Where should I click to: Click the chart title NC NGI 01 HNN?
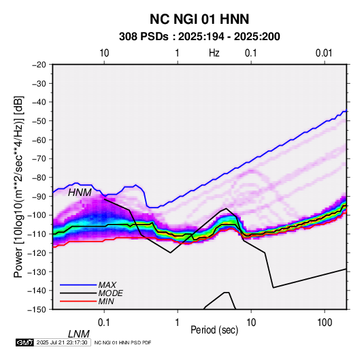click(x=199, y=19)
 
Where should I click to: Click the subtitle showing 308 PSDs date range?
click(x=199, y=37)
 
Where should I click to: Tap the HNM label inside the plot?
click(x=80, y=193)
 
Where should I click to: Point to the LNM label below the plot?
click(x=79, y=334)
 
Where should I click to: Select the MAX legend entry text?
click(x=107, y=284)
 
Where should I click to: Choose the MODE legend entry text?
click(x=110, y=293)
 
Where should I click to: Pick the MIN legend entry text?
click(x=106, y=301)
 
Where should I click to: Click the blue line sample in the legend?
click(x=78, y=285)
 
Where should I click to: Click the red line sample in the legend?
click(x=78, y=301)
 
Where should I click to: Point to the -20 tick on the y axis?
click(x=39, y=65)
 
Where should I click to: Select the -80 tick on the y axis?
click(x=39, y=178)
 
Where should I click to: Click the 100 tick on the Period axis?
click(x=325, y=323)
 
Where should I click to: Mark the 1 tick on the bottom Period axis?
click(x=177, y=323)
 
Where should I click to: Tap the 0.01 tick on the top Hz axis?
click(x=324, y=53)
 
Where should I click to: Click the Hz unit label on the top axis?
click(x=214, y=53)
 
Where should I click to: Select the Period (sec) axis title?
click(x=214, y=330)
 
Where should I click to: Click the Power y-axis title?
click(x=18, y=186)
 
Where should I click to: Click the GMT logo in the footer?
click(x=25, y=342)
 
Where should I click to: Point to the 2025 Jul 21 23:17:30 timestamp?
click(x=62, y=342)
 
